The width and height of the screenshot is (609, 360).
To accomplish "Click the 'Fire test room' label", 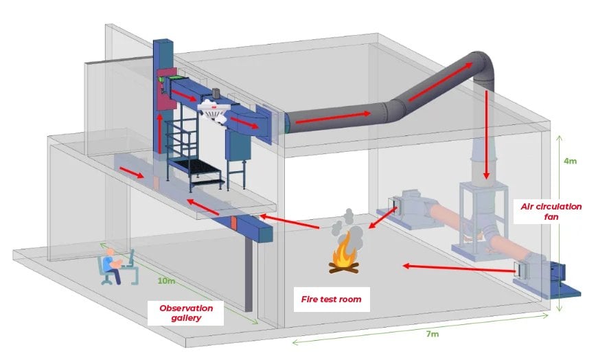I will point(331,300).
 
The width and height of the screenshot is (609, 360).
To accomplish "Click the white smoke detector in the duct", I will point(215,109).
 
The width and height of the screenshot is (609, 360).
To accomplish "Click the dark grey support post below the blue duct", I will point(249,274).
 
